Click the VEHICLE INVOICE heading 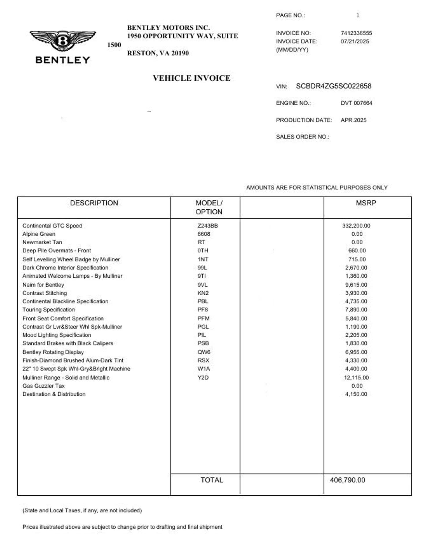point(191,78)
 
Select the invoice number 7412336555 point(356,33)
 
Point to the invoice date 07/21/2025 point(355,42)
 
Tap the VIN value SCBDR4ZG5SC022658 point(333,86)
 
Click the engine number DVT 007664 point(356,103)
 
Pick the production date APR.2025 point(353,120)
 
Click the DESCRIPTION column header point(94,203)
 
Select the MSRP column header point(366,203)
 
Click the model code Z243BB point(207,225)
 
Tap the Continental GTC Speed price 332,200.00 point(356,225)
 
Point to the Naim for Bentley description point(43,285)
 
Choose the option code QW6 point(204,352)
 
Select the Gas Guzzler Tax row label point(44,386)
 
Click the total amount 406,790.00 point(347,480)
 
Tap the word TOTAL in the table point(212,480)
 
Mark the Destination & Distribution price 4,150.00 point(356,394)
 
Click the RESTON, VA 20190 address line point(158,53)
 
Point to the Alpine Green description point(39,234)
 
